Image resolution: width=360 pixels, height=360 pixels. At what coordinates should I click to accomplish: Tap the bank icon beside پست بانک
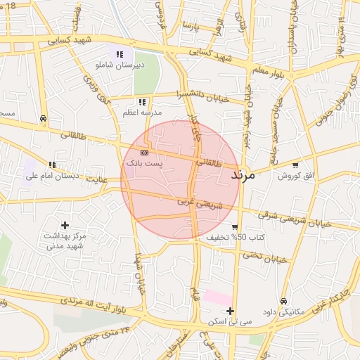(144, 153)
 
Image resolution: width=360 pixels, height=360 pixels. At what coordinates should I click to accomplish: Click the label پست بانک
(143, 162)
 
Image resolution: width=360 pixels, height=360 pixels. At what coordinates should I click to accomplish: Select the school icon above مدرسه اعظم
(142, 102)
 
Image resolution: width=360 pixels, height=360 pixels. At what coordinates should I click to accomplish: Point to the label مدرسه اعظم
(142, 112)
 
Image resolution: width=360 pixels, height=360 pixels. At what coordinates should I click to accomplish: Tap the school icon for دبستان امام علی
(52, 165)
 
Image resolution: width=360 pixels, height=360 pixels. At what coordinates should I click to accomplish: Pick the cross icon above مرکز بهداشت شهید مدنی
(65, 225)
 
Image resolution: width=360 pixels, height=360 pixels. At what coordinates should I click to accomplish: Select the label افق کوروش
(294, 175)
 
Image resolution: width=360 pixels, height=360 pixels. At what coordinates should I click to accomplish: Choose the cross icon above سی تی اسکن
(231, 311)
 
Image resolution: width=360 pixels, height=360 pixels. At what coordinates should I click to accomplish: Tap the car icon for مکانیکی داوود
(283, 300)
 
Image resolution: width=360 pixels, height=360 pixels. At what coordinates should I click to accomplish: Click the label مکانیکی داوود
(282, 310)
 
